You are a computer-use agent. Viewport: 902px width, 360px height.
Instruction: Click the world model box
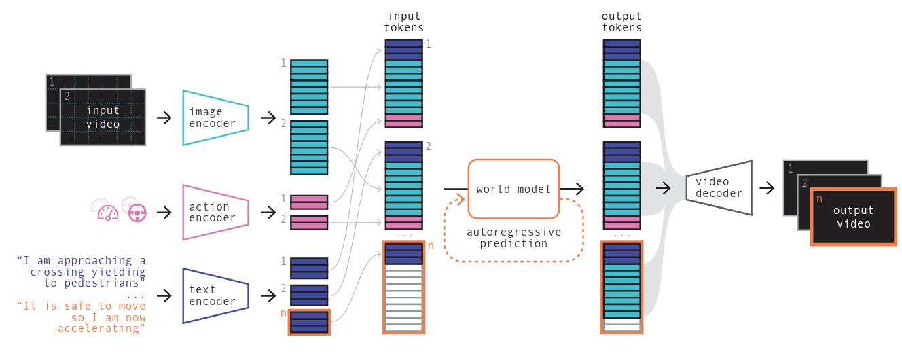point(513,189)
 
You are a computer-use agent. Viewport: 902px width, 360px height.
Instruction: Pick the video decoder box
point(719,187)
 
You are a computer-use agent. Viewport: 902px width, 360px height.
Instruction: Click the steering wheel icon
point(137,213)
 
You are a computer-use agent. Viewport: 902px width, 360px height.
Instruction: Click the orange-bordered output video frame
point(853,217)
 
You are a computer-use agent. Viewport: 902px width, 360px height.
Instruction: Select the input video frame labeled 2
point(103,118)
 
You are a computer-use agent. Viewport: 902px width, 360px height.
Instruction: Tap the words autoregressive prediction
point(513,238)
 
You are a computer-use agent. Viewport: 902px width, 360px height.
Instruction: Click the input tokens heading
point(405,22)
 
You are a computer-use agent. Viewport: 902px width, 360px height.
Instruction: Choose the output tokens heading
point(621,22)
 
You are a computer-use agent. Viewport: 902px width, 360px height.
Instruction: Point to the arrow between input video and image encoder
point(164,118)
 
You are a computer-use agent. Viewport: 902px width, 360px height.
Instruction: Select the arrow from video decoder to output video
point(768,187)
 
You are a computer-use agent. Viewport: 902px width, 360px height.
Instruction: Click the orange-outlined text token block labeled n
point(309,322)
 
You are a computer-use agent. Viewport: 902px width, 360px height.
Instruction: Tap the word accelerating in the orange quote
point(101,329)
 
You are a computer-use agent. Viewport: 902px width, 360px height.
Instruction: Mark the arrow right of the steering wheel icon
point(164,213)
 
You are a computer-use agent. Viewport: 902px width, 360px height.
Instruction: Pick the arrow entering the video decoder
point(662,187)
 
